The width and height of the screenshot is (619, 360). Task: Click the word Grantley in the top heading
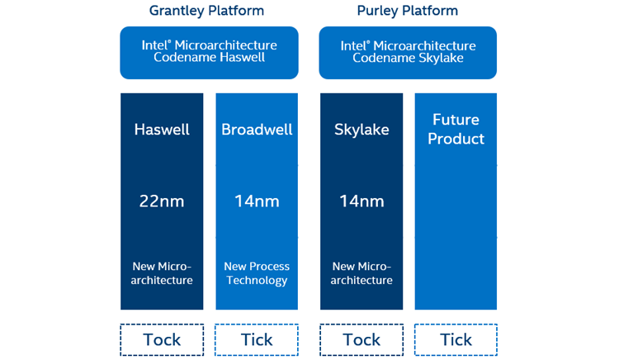click(x=177, y=11)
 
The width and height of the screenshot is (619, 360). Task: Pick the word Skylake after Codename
click(x=446, y=58)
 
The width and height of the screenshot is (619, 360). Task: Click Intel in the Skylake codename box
click(x=356, y=46)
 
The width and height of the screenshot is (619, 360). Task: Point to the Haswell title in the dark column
click(x=162, y=130)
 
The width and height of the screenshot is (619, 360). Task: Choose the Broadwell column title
click(x=257, y=130)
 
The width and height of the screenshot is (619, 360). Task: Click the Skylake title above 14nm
click(x=361, y=130)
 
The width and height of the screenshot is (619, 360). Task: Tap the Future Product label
click(x=456, y=130)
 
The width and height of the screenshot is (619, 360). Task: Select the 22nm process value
click(x=162, y=201)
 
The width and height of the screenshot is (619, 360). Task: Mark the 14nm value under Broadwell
click(x=257, y=201)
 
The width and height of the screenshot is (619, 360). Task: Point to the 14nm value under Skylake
click(x=361, y=201)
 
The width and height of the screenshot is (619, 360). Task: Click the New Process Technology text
click(x=257, y=273)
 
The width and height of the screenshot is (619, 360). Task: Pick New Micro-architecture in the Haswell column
click(x=162, y=273)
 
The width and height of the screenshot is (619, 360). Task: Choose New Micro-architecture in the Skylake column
click(x=361, y=273)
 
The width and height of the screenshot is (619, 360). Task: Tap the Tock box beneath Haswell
click(x=162, y=339)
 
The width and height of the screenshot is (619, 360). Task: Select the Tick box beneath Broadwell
click(x=257, y=339)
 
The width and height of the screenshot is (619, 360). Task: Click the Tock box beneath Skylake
click(x=361, y=339)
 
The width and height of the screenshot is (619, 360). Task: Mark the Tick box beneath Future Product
click(x=456, y=339)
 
